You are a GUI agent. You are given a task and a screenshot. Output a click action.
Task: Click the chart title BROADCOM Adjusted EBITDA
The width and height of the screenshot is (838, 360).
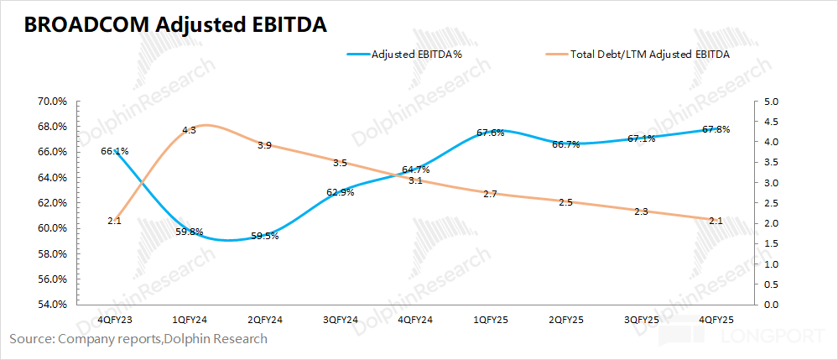175,25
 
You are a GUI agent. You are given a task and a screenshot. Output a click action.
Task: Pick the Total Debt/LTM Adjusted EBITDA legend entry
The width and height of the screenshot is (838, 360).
650,55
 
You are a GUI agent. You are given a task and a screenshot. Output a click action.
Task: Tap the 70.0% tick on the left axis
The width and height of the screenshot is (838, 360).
52,101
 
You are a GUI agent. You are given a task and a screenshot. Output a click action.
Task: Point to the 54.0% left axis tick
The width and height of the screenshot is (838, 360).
52,305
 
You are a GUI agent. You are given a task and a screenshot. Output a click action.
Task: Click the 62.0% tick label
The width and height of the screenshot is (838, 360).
52,203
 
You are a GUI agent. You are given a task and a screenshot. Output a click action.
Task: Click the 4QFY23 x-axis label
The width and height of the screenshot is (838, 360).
114,320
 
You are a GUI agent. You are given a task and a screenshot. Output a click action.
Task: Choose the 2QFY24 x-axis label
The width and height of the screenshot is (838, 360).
264,320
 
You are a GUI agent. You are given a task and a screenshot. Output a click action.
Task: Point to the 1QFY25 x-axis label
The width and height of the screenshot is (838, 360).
490,320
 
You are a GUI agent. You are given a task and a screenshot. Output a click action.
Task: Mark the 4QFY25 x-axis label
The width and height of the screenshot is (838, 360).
716,320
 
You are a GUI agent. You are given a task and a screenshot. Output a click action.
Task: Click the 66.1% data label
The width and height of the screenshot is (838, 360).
114,151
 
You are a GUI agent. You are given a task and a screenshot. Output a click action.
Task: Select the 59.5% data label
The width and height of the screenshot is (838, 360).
264,236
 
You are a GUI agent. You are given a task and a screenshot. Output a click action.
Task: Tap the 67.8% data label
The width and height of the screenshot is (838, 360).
716,129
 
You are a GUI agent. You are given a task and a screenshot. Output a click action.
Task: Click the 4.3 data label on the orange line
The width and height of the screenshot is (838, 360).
189,130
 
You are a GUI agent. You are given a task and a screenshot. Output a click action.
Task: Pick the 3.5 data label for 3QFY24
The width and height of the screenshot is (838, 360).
340,163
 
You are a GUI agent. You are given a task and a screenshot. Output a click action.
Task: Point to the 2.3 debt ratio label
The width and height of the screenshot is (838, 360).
641,211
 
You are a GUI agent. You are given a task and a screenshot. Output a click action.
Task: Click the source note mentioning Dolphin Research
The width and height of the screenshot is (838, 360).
138,339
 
